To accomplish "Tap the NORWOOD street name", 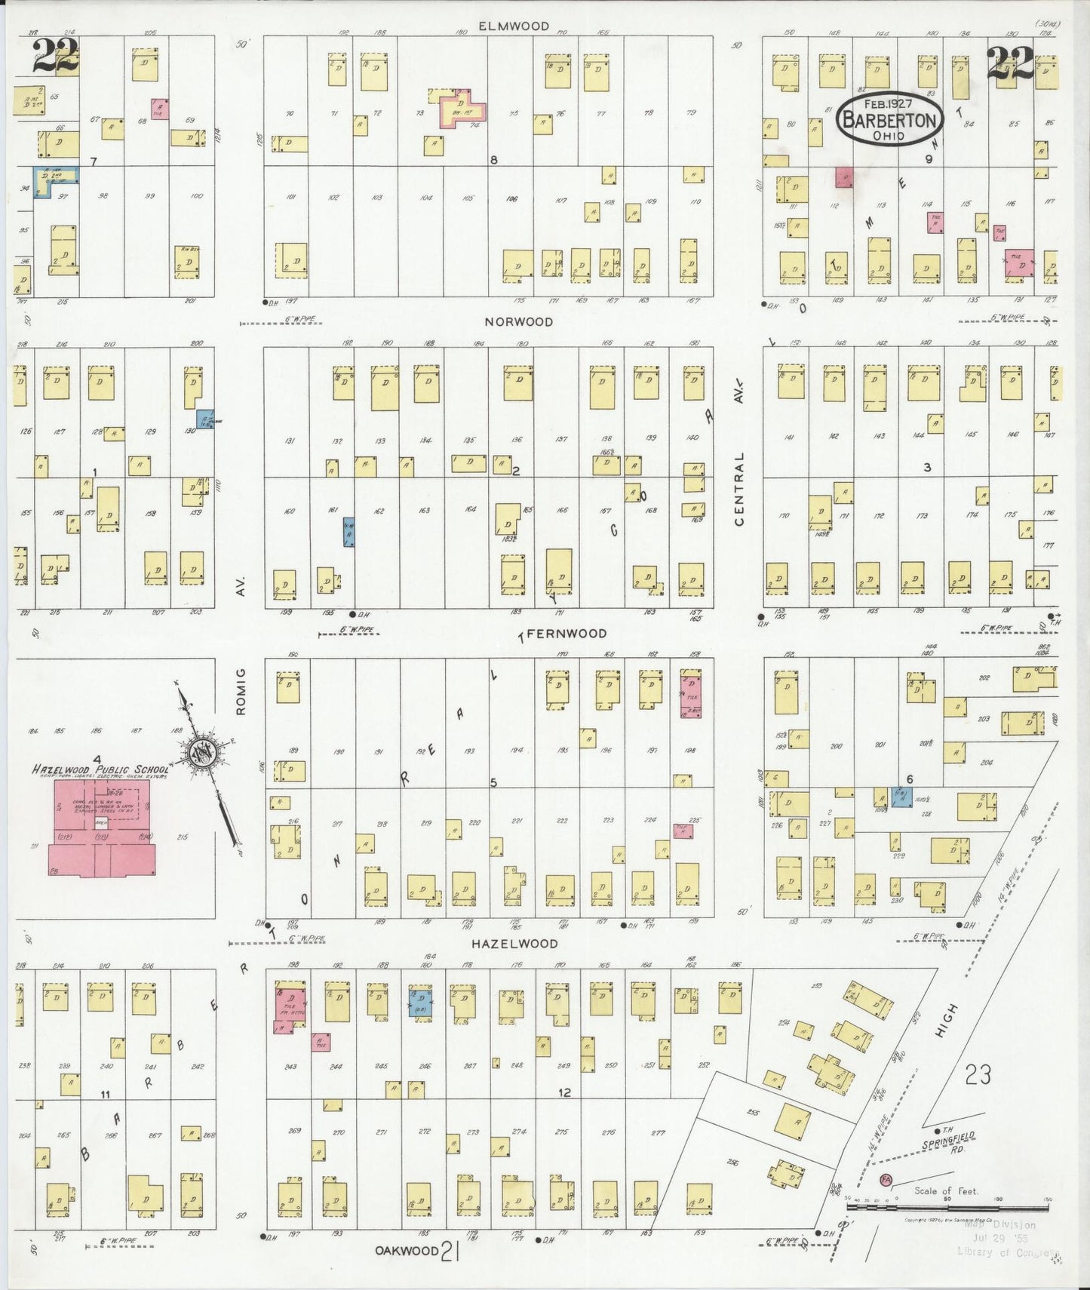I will [518, 321].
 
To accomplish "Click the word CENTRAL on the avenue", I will [739, 489].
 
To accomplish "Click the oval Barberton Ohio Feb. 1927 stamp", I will [889, 119].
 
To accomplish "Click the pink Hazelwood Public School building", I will [102, 830].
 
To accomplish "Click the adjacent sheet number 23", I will [978, 1074].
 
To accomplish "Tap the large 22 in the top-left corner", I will [54, 57].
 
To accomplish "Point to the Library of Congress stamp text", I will [1008, 1252].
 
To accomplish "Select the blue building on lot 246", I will [419, 1001].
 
